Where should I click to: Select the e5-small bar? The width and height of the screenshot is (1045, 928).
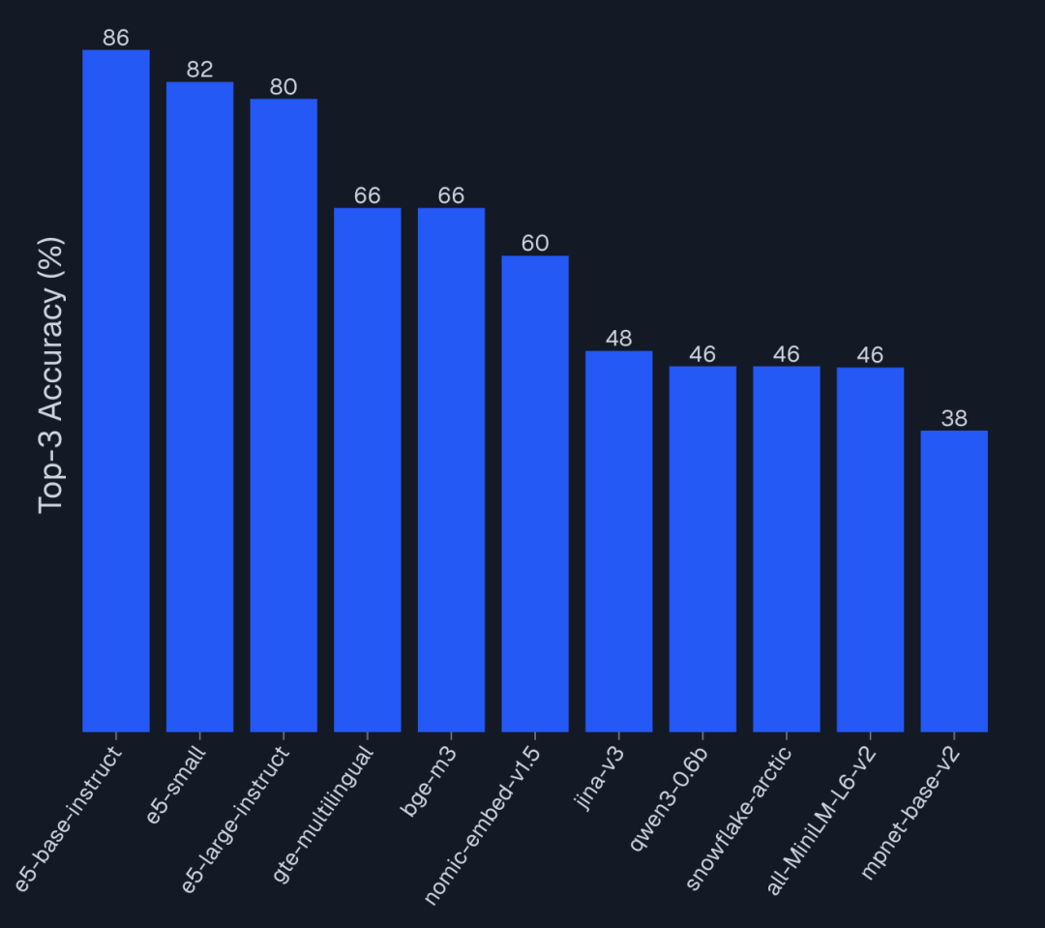point(199,406)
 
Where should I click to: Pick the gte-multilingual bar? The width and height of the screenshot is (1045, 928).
point(368,469)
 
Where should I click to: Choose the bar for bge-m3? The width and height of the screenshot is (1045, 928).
point(451,469)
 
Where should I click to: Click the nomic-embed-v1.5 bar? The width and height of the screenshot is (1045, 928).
point(535,494)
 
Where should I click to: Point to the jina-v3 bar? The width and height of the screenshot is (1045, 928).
point(619,541)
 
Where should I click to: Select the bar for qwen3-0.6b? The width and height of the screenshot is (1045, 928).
point(702,549)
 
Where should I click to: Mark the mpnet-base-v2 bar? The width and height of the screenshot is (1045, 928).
point(954,581)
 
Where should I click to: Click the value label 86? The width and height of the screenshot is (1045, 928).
point(116,39)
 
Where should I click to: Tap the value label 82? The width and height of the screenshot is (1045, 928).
point(199,70)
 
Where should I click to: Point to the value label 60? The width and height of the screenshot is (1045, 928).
point(535,244)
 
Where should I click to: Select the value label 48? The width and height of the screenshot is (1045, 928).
point(619,339)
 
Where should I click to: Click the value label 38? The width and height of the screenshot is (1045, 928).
point(954,419)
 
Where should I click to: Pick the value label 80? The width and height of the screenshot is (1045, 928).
point(284,87)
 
